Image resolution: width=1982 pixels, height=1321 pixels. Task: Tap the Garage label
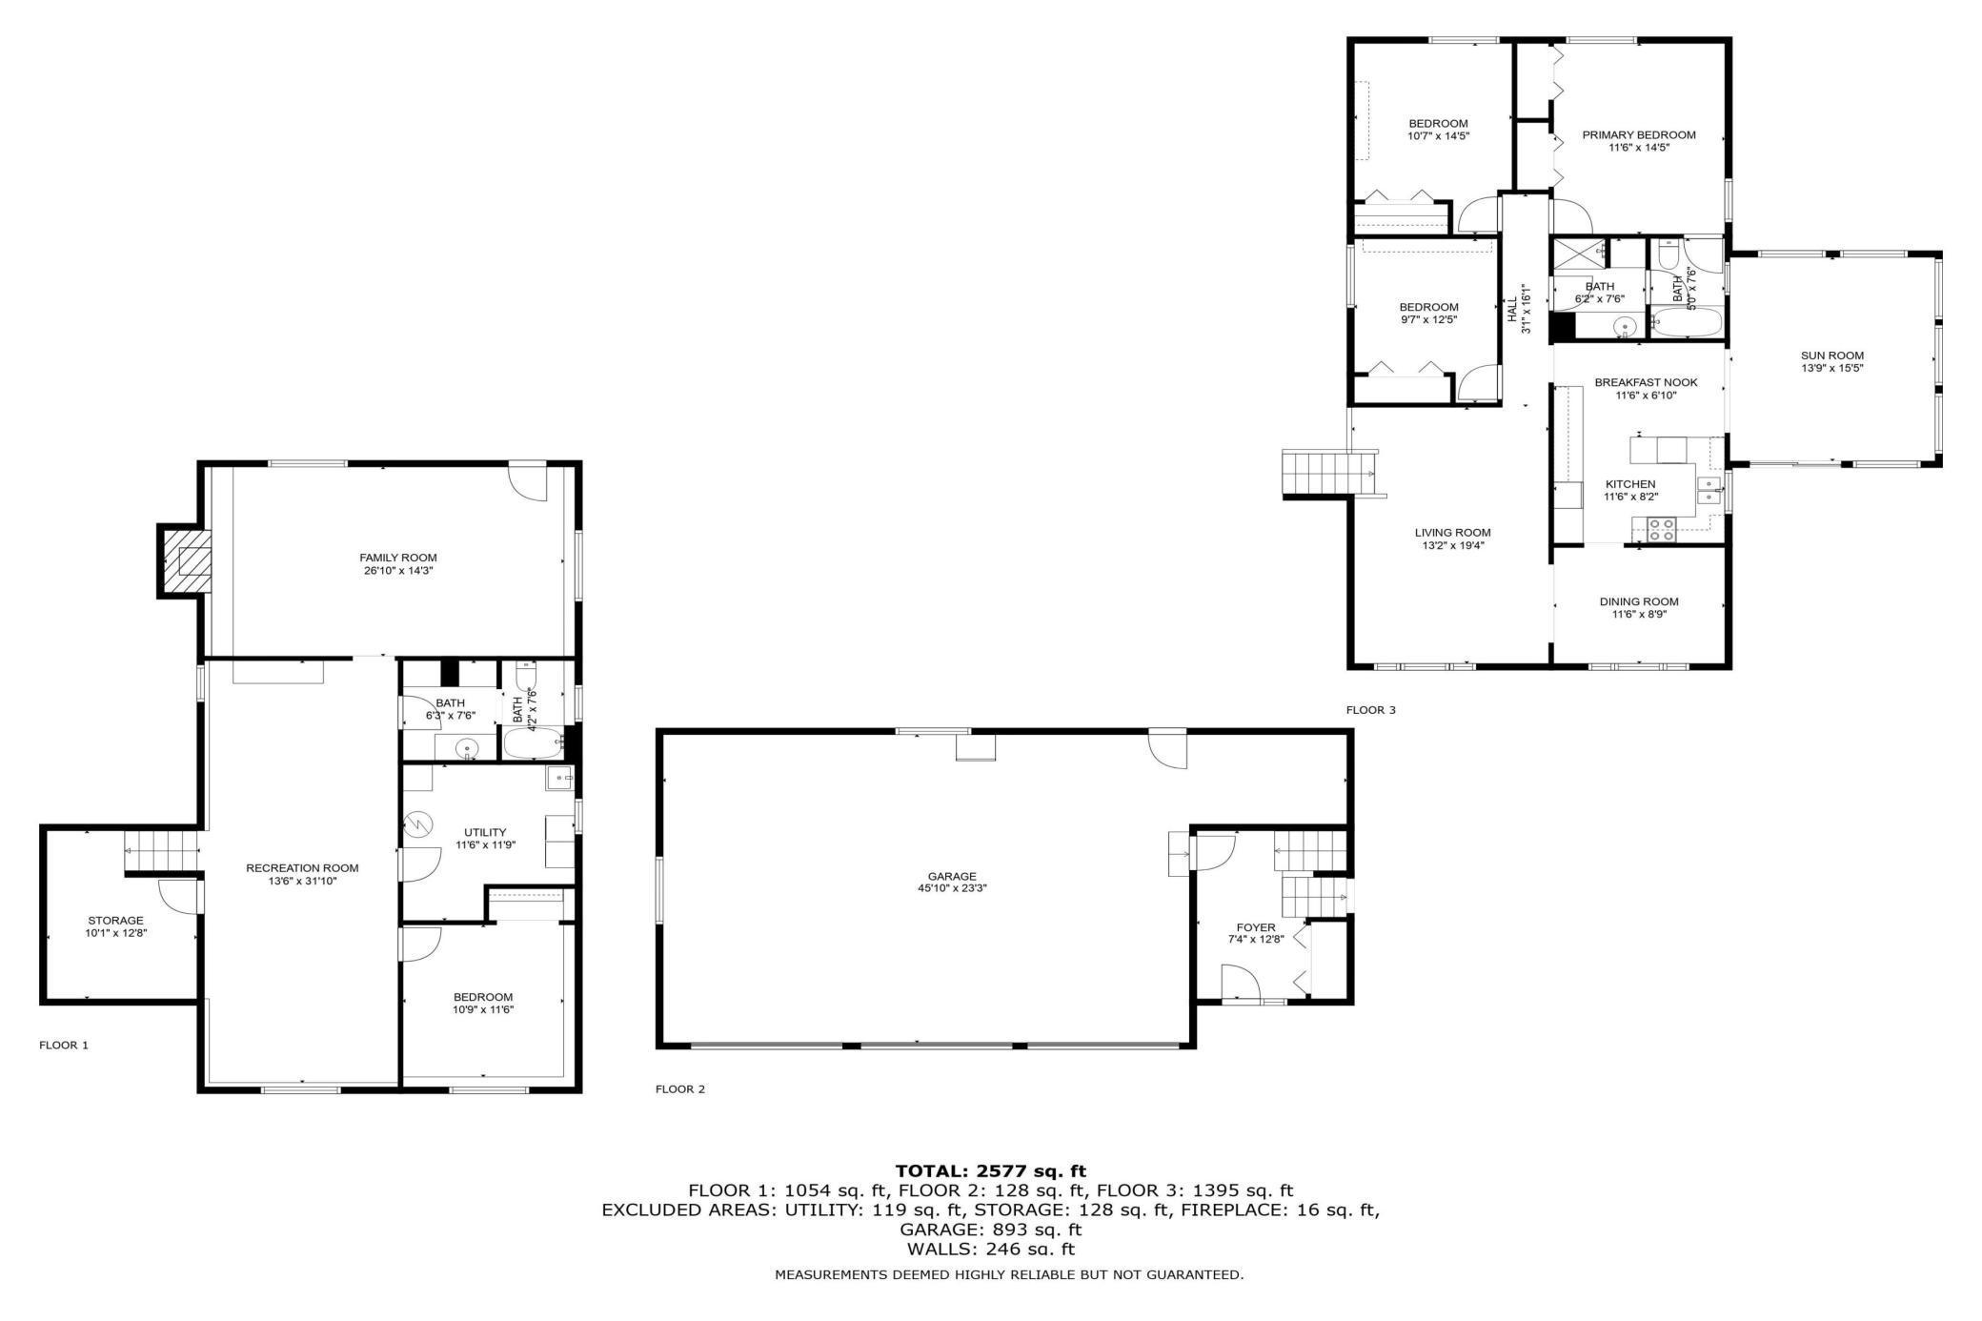pyautogui.click(x=951, y=876)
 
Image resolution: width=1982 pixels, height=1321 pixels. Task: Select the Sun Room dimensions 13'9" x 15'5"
pyautogui.click(x=1831, y=368)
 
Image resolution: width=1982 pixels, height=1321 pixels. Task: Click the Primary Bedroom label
pyautogui.click(x=1639, y=135)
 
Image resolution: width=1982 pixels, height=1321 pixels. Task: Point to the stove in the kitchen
pyautogui.click(x=1662, y=530)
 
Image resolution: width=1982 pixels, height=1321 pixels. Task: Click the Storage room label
pyautogui.click(x=115, y=921)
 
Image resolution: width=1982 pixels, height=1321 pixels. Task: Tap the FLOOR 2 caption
pyautogui.click(x=680, y=1088)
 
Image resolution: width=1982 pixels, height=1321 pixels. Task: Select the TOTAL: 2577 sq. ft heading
pyautogui.click(x=990, y=1170)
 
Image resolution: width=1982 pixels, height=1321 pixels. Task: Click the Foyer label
pyautogui.click(x=1255, y=927)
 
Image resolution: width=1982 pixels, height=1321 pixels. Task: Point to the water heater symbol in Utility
pyautogui.click(x=418, y=823)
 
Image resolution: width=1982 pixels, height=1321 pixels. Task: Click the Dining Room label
pyautogui.click(x=1639, y=601)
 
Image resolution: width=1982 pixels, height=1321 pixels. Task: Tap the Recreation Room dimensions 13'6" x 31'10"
pyautogui.click(x=302, y=881)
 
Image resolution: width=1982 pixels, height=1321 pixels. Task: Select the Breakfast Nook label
pyautogui.click(x=1646, y=382)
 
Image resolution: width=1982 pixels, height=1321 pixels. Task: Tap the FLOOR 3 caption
pyautogui.click(x=1370, y=710)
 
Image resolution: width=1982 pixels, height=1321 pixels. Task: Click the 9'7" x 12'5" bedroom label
pyautogui.click(x=1428, y=307)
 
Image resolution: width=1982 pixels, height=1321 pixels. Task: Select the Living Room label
pyautogui.click(x=1452, y=533)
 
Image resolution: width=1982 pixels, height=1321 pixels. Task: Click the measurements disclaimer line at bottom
pyautogui.click(x=1008, y=1274)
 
